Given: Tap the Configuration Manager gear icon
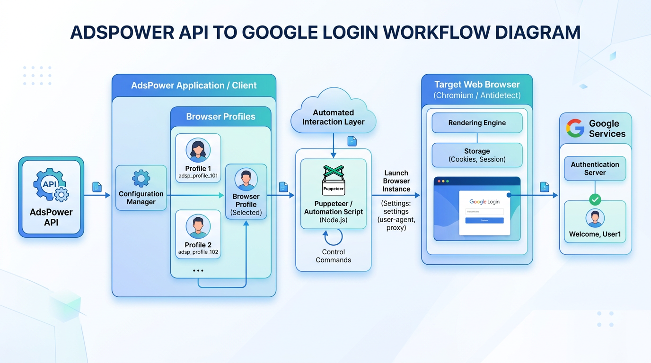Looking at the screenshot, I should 141,178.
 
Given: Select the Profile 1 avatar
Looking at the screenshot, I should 198,150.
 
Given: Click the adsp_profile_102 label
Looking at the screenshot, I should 198,252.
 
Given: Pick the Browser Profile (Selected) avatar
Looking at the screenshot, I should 246,179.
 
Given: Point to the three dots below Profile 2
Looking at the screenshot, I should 198,271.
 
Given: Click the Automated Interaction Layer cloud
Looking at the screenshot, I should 334,114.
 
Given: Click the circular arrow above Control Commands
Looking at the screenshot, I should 333,237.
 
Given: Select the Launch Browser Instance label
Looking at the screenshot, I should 396,181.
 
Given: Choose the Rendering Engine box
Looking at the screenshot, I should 477,123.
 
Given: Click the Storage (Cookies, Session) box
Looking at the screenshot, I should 477,155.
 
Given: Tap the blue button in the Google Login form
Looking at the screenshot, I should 484,220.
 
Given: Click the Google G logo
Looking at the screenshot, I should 575,128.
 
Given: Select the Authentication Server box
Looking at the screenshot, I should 595,169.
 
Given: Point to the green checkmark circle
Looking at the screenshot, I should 595,199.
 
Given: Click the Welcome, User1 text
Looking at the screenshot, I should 595,234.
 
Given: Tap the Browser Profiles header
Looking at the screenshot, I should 220,117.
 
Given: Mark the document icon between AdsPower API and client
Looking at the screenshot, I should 97,187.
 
